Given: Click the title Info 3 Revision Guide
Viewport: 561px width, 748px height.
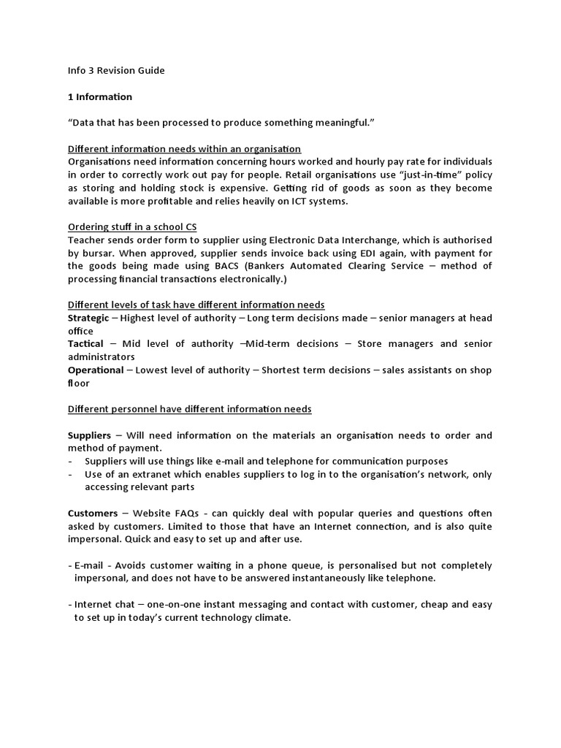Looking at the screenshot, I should [116, 70].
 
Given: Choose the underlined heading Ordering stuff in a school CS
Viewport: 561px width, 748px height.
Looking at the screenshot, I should [132, 226].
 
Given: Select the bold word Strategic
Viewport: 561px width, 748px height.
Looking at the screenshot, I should [88, 318].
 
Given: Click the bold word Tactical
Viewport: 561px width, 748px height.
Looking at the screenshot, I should [85, 344].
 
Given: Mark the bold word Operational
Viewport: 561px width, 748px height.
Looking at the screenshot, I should [96, 370].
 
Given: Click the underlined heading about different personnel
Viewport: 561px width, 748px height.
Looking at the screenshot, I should [189, 409].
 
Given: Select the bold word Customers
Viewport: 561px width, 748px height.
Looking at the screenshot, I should [93, 514].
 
